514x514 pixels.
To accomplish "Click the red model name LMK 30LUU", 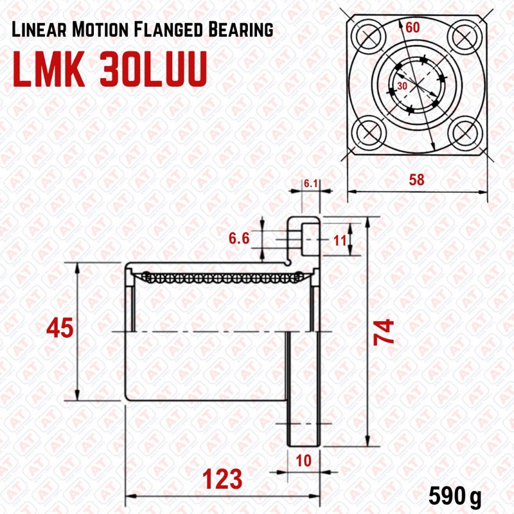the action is [110, 69].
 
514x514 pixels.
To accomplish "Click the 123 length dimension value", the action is [222, 479].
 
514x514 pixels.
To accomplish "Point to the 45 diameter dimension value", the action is [60, 328].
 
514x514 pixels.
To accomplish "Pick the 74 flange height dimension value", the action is [384, 332].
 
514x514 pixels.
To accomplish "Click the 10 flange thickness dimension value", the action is [303, 461].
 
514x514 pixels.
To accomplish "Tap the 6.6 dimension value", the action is [239, 238].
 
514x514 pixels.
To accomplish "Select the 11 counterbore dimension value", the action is [340, 241].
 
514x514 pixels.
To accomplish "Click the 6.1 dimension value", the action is [310, 184].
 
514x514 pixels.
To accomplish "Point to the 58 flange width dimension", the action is [416, 180].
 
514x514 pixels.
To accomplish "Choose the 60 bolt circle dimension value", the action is [412, 27].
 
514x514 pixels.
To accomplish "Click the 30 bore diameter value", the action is [402, 86].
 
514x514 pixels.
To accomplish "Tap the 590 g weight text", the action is [455, 497].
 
